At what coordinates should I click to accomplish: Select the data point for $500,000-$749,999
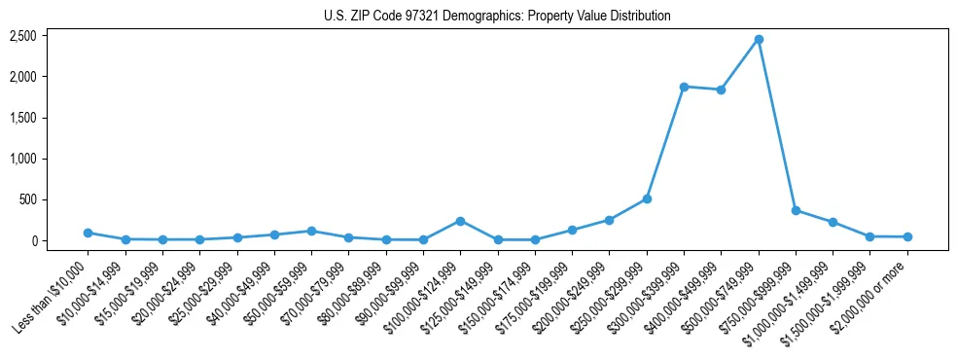pyautogui.click(x=759, y=39)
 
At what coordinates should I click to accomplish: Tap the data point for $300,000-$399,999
pyautogui.click(x=684, y=87)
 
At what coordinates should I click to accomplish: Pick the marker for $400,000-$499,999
pyautogui.click(x=721, y=90)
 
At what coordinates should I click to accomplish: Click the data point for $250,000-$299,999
pyautogui.click(x=647, y=198)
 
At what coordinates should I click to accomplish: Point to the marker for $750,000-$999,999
pyautogui.click(x=796, y=210)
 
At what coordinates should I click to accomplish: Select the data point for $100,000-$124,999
pyautogui.click(x=460, y=221)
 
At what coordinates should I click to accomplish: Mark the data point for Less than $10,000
pyautogui.click(x=88, y=233)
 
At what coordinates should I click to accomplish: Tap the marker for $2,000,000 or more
pyautogui.click(x=907, y=236)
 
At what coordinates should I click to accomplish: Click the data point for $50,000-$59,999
pyautogui.click(x=311, y=231)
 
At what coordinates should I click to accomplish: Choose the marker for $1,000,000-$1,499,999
pyautogui.click(x=833, y=222)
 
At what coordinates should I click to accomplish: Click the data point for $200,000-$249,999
pyautogui.click(x=609, y=220)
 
